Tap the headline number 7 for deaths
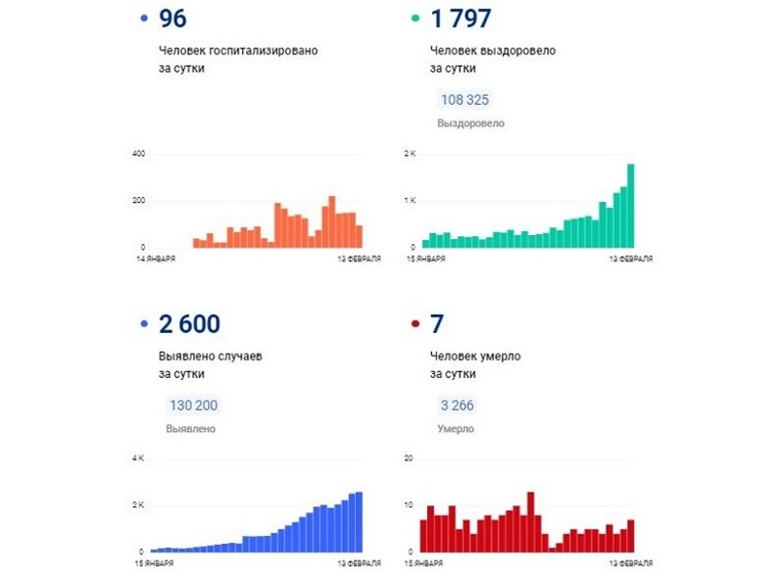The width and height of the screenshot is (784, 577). coord(438,323)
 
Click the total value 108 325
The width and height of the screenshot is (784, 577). coord(465,100)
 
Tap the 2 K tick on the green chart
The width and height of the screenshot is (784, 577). coord(411,155)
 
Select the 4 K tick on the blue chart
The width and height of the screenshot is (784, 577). coord(138,458)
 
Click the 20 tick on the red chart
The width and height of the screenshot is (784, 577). coord(409,458)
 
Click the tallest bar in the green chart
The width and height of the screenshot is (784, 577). coord(631,206)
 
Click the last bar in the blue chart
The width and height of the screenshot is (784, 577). coord(360,522)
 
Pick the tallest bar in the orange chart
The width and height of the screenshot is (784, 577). coord(332,222)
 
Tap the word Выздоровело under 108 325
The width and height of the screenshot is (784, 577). coord(470,123)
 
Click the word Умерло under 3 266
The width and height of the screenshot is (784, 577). coord(456,429)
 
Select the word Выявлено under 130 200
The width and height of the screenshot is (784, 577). coord(190,429)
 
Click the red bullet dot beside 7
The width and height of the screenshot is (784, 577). coord(416,324)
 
